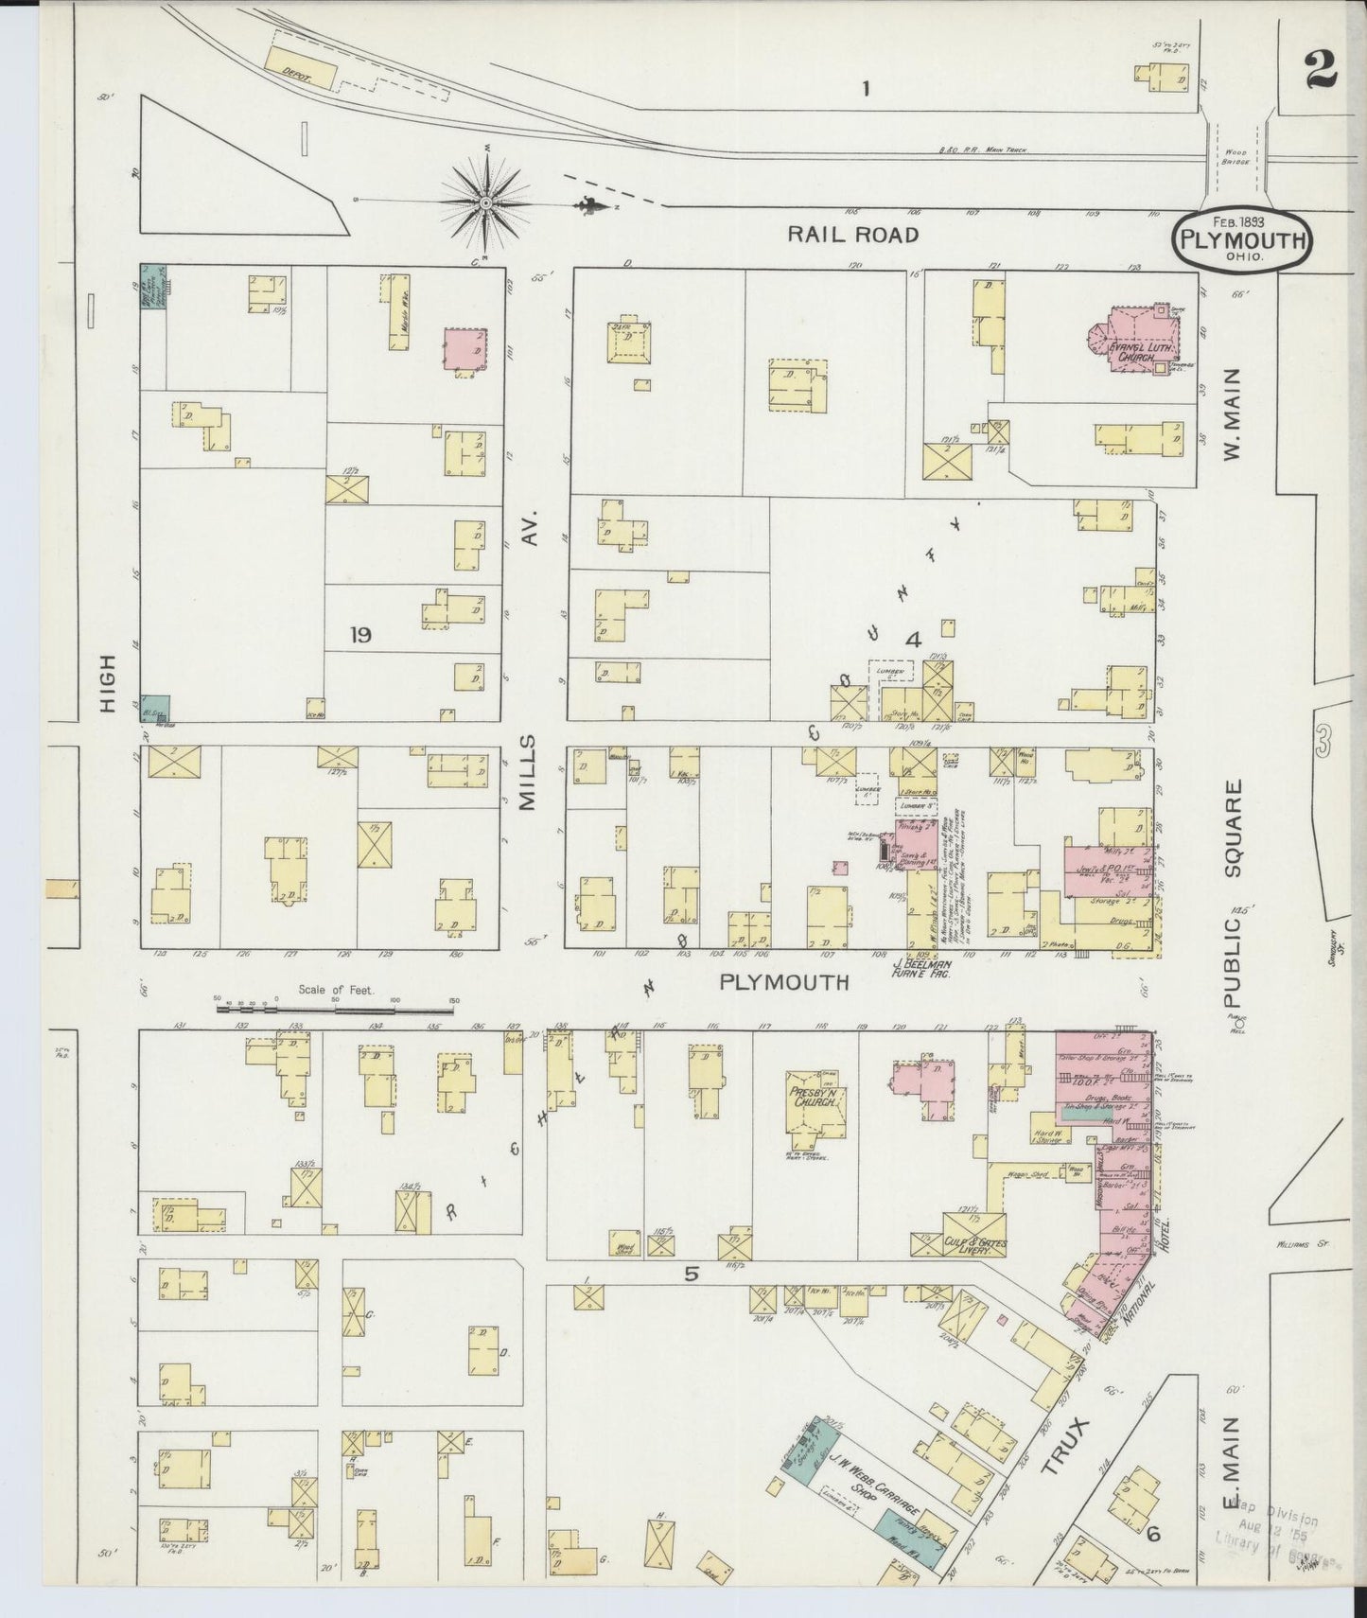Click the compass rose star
coord(484,202)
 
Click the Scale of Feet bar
coord(335,1009)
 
